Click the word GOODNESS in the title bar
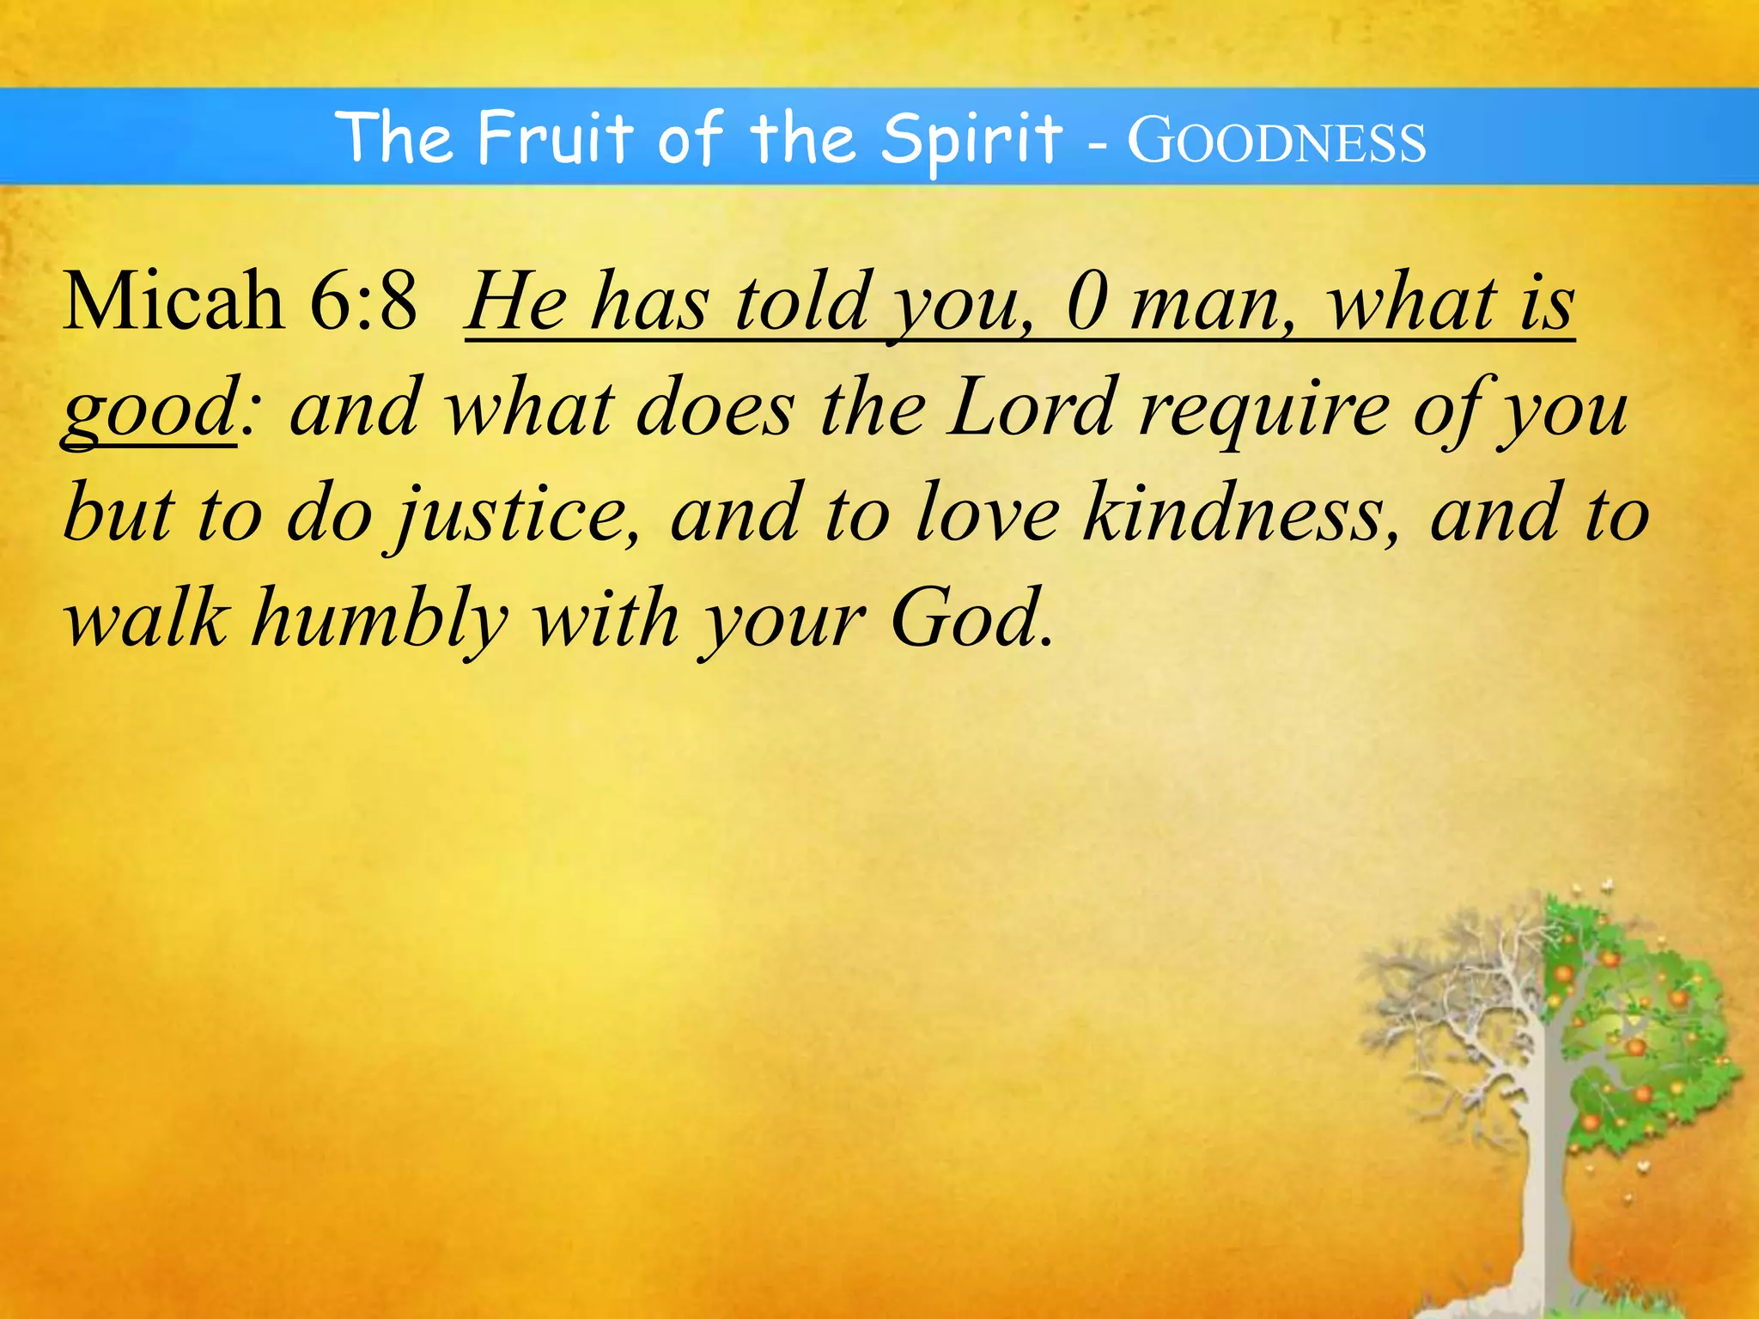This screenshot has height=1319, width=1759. click(x=1276, y=142)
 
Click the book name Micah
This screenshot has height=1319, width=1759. click(x=173, y=301)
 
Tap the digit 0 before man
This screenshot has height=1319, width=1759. click(x=1086, y=302)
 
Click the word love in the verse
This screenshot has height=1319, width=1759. click(x=987, y=515)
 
